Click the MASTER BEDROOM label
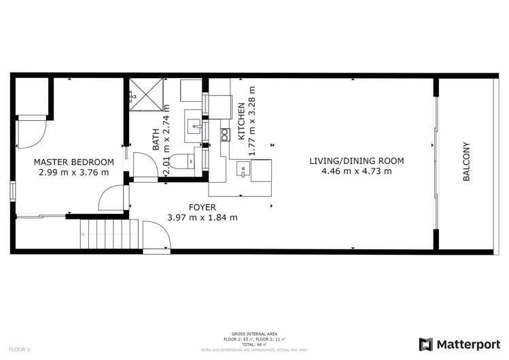(x=74, y=162)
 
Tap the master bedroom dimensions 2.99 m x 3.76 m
(x=74, y=172)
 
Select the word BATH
(x=156, y=139)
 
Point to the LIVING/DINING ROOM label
(x=356, y=161)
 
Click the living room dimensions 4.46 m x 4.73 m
(x=356, y=171)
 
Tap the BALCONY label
(x=467, y=161)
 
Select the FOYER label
(x=202, y=207)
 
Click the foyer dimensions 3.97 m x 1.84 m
(x=202, y=217)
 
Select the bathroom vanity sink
(x=194, y=126)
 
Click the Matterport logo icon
(x=425, y=344)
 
